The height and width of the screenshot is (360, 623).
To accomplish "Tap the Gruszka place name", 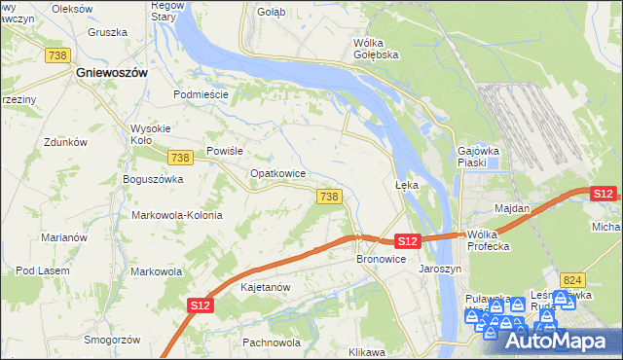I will (107, 32).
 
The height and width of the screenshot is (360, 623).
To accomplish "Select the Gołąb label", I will (268, 13).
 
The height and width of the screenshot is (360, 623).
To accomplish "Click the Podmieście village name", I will (201, 94).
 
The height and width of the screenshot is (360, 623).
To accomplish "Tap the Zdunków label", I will (66, 141).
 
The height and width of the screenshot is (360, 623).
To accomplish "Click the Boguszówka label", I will (153, 179).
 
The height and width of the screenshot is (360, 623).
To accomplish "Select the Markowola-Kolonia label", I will (177, 215).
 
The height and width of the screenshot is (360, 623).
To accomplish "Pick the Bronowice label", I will (381, 260).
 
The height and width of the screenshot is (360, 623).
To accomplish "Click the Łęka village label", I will (406, 184).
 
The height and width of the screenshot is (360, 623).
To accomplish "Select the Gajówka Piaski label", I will (478, 157).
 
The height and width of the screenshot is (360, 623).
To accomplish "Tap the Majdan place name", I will (512, 209).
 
